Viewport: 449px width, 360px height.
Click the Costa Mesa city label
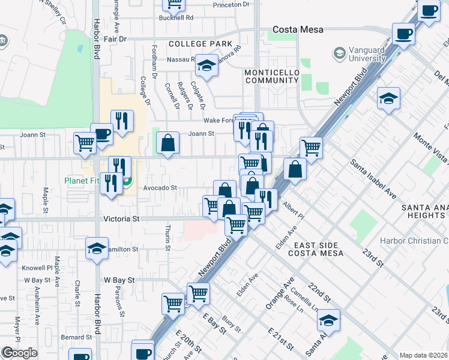pos(298,29)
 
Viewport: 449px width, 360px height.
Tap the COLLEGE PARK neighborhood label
pos(200,44)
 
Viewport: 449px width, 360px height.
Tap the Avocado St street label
pos(160,188)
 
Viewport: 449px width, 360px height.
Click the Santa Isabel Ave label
pos(374,179)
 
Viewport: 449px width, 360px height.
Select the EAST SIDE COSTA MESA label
pos(319,249)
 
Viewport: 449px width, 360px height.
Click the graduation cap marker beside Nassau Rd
pos(207,65)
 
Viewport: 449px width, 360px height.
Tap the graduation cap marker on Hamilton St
pos(97,248)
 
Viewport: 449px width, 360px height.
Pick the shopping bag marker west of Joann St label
pos(168,143)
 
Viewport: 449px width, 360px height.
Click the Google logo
pos(19,353)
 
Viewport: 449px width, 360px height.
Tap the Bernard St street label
pos(75,337)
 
